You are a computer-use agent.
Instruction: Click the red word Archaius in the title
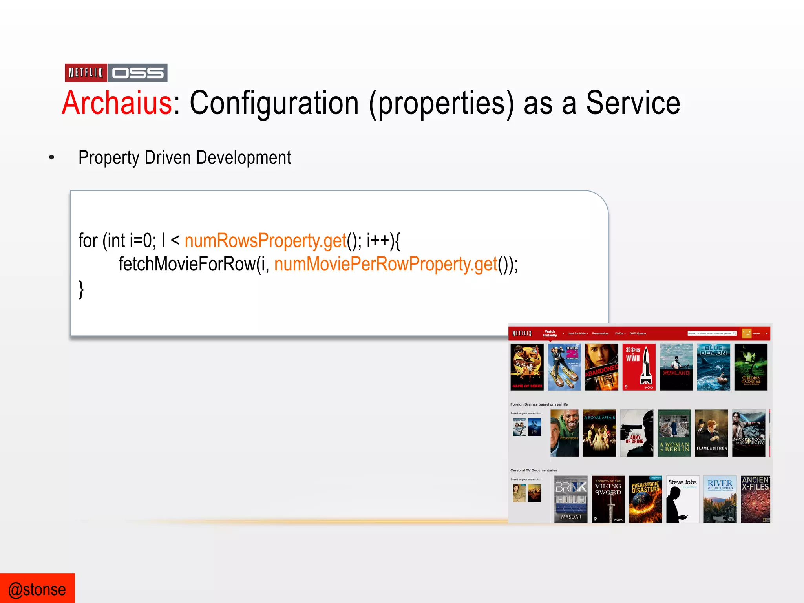[x=117, y=103]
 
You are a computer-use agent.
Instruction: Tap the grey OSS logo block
[x=138, y=73]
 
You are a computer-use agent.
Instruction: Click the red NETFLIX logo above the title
[x=86, y=73]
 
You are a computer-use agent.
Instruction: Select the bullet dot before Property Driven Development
[x=51, y=158]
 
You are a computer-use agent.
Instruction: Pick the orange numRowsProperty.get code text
[x=265, y=240]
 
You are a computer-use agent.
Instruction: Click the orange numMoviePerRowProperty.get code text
[x=386, y=264]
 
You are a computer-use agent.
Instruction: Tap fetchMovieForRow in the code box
[x=187, y=264]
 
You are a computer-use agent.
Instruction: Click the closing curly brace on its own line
[x=81, y=289]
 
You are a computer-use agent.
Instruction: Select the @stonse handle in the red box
[x=37, y=589]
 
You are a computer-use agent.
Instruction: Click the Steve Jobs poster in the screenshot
[x=682, y=499]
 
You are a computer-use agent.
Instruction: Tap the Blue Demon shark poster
[x=713, y=367]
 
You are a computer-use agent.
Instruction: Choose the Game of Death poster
[x=527, y=367]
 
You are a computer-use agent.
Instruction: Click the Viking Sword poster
[x=608, y=499]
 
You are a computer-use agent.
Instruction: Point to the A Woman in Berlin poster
[x=674, y=433]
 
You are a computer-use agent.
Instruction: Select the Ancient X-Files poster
[x=755, y=499]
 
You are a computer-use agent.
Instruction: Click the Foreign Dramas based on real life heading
[x=539, y=404]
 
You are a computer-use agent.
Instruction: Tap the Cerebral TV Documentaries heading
[x=534, y=470]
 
